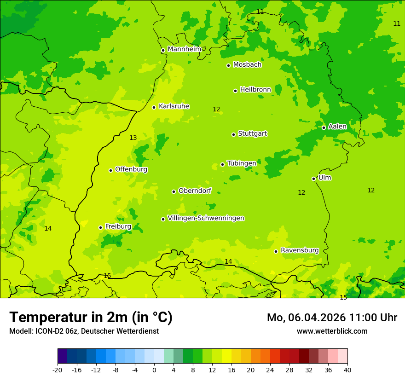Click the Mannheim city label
tap(184, 49)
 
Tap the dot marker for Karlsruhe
tap(154, 107)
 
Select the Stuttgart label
tap(252, 133)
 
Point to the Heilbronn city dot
tap(235, 91)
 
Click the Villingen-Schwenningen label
tap(206, 218)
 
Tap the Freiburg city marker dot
tap(100, 227)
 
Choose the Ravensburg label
tap(300, 250)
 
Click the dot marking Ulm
tap(314, 179)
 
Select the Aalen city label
tap(337, 127)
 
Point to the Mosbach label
tap(247, 64)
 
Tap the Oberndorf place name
tap(195, 191)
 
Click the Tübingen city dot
tap(222, 164)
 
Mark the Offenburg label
tap(131, 169)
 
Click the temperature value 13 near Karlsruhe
tap(133, 138)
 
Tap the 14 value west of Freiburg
tap(48, 228)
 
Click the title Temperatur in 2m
tap(91, 317)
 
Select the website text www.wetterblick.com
tap(332, 331)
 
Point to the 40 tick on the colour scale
tap(347, 370)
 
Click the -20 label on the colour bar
tap(58, 370)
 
